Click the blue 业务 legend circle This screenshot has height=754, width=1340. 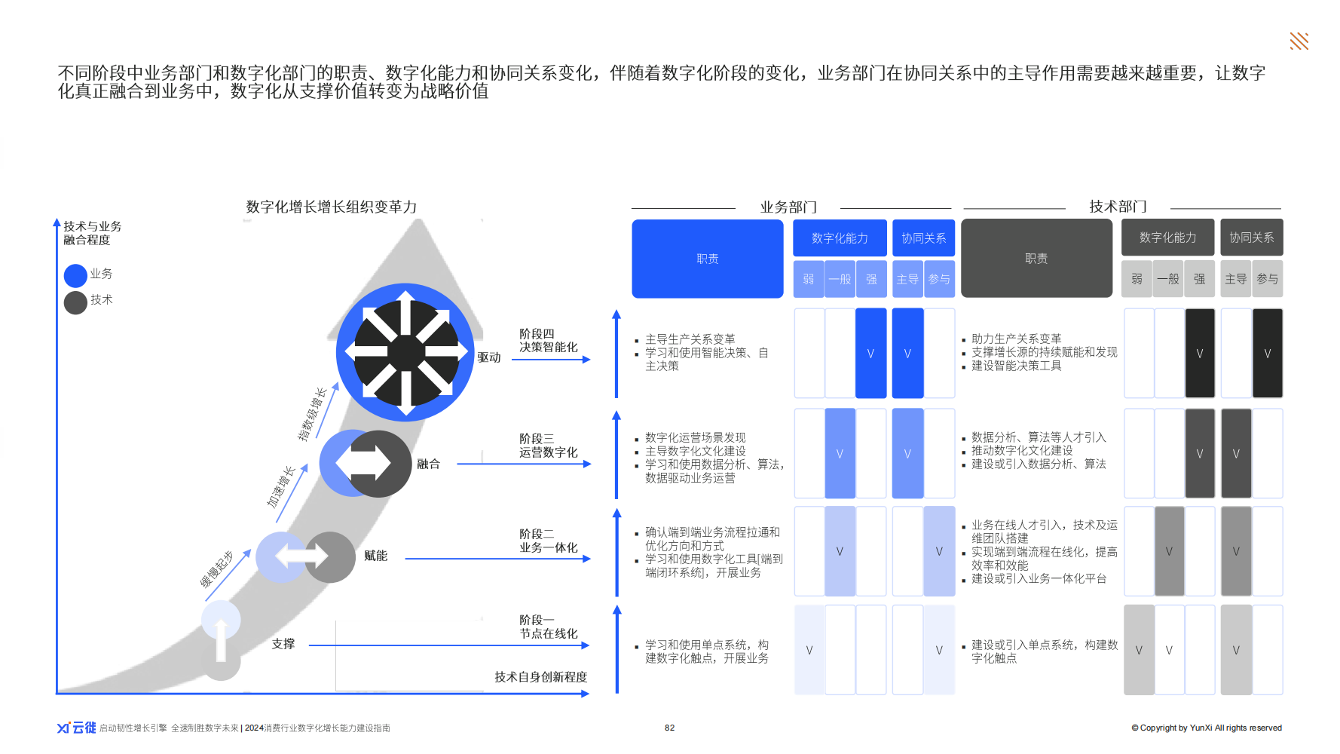75,275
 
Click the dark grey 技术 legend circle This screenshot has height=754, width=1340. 75,302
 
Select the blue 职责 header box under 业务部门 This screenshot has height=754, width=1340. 707,259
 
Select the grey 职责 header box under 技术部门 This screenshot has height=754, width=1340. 1036,259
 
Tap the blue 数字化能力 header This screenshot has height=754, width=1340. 840,238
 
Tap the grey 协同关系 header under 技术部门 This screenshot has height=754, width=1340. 1251,238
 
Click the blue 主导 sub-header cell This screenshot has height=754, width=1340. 907,279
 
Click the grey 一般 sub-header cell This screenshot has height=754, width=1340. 1168,279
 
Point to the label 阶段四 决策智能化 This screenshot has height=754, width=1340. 548,340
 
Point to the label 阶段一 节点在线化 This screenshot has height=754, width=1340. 548,627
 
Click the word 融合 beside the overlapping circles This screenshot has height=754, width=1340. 428,464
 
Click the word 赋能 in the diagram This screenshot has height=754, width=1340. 375,556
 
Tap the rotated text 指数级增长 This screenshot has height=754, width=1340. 311,414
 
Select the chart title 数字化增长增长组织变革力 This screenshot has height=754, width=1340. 331,207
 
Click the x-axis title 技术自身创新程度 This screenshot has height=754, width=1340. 540,677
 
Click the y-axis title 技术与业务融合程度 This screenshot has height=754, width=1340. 92,233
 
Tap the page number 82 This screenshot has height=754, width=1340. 669,728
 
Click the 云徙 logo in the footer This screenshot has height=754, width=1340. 77,728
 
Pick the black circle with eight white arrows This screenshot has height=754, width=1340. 406,352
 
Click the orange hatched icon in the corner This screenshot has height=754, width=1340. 1299,41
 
